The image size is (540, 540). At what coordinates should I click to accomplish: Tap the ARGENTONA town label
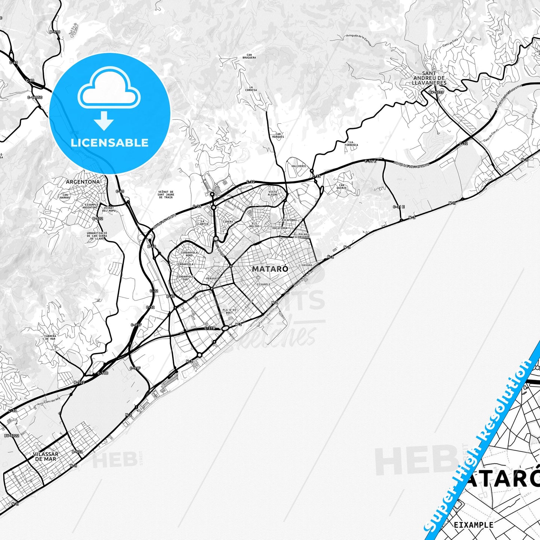(x=83, y=182)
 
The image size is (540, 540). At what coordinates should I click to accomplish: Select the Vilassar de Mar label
(x=45, y=456)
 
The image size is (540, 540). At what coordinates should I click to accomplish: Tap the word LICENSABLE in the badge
(x=109, y=142)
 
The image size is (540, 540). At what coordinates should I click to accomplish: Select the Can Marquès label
(x=279, y=135)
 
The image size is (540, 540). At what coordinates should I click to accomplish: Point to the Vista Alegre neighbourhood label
(x=273, y=193)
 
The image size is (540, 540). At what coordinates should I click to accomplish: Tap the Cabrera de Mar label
(x=50, y=337)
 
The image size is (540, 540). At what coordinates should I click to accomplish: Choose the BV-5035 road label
(x=436, y=92)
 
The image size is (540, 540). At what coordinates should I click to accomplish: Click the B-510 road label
(x=55, y=32)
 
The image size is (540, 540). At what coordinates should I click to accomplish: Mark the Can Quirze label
(x=341, y=186)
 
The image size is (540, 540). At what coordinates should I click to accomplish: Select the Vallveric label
(x=299, y=166)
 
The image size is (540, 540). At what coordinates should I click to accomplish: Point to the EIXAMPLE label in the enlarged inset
(x=473, y=525)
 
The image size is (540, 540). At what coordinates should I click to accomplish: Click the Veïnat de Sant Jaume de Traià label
(x=166, y=194)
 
